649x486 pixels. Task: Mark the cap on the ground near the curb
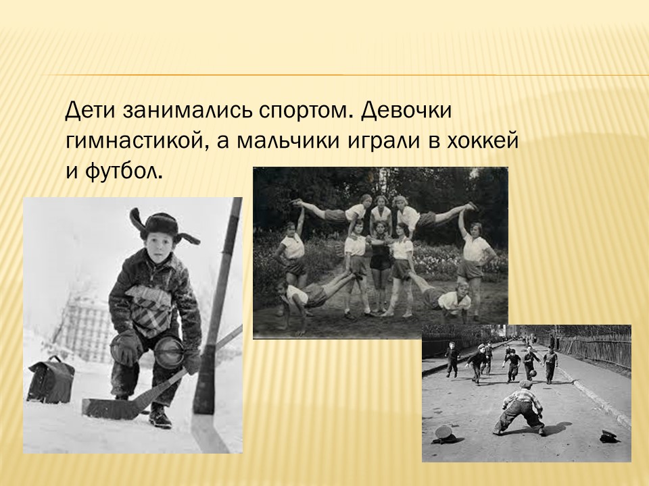[x=610, y=436]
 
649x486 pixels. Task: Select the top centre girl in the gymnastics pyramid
[x=381, y=210]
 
